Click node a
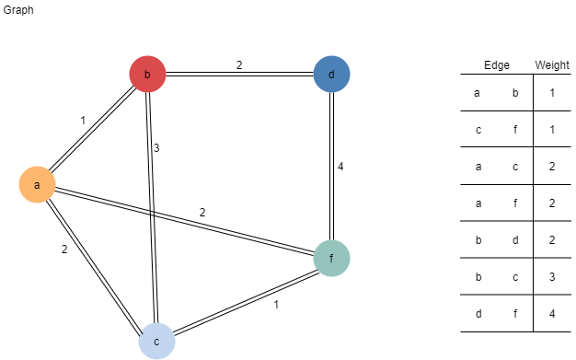[37, 185]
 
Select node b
[147, 75]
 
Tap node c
[156, 342]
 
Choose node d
[331, 75]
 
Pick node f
[331, 259]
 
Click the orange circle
[37, 185]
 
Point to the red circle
[147, 75]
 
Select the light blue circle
[156, 342]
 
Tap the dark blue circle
[331, 75]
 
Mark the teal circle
[331, 259]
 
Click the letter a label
[37, 185]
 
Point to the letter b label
[147, 75]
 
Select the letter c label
[156, 342]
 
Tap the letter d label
[331, 75]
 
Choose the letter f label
[331, 259]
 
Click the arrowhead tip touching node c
[141, 332]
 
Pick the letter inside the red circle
[147, 75]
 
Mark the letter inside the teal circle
[331, 259]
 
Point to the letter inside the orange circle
[37, 185]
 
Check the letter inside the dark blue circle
[331, 75]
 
